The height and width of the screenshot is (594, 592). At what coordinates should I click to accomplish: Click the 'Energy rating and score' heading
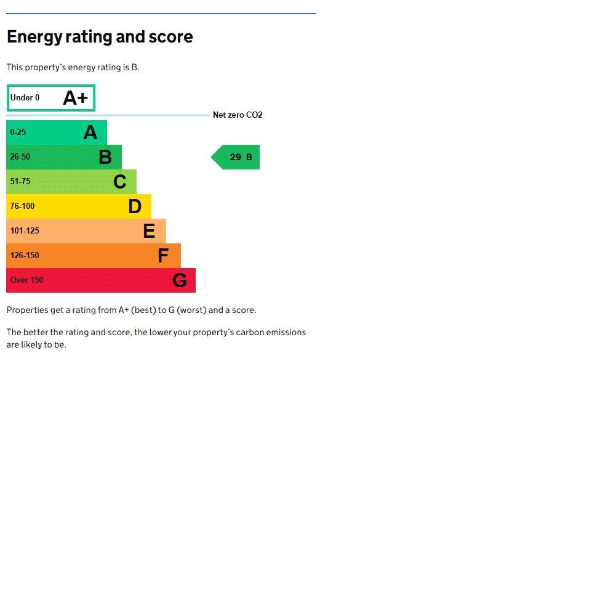coord(100,37)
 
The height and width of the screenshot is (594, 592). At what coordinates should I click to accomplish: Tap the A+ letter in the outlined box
coord(76,98)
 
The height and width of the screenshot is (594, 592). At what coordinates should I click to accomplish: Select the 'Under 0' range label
coord(25,98)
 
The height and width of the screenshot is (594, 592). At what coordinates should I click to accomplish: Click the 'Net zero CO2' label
coord(238,115)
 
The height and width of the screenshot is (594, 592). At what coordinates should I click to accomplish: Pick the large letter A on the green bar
coord(90,132)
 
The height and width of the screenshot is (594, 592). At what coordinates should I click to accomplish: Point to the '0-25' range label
coord(18,132)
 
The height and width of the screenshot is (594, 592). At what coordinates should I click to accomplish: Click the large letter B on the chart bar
coord(105,157)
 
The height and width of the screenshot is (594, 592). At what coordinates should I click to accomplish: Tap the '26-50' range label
coord(20,157)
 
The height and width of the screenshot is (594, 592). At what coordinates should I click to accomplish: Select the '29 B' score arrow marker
coord(236,157)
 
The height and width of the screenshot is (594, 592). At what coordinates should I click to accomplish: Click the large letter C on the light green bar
coord(120,182)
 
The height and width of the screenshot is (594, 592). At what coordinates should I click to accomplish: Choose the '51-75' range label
coord(20,182)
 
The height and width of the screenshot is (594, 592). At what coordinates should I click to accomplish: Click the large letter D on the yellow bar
coord(135,206)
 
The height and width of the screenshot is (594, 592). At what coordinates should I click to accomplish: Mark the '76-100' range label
coord(23,206)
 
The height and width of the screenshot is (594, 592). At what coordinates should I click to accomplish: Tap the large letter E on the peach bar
coord(149,231)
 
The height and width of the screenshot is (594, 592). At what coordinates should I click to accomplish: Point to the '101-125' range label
coord(25,231)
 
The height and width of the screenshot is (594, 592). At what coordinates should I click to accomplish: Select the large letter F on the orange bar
coord(163,256)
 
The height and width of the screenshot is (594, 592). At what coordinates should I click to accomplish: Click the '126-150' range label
coord(25,256)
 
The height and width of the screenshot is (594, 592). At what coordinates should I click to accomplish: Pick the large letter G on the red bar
coord(179,280)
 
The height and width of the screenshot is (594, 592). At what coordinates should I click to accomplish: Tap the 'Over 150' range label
coord(27,280)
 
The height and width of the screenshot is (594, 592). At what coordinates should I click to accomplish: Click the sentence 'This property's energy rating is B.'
coord(73,67)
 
